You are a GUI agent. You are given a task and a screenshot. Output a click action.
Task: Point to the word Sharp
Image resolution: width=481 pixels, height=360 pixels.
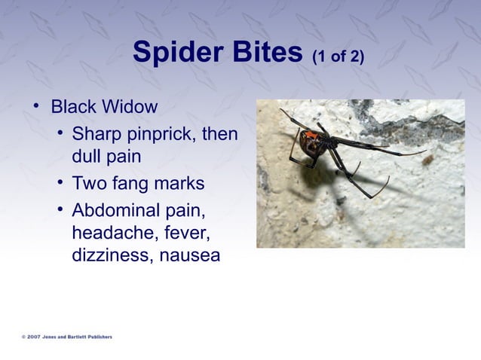click(x=94, y=135)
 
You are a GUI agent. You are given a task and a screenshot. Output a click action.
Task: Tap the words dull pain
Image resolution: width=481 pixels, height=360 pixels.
click(x=106, y=158)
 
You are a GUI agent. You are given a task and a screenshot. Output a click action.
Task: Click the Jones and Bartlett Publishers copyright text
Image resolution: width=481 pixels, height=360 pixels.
click(x=68, y=337)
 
